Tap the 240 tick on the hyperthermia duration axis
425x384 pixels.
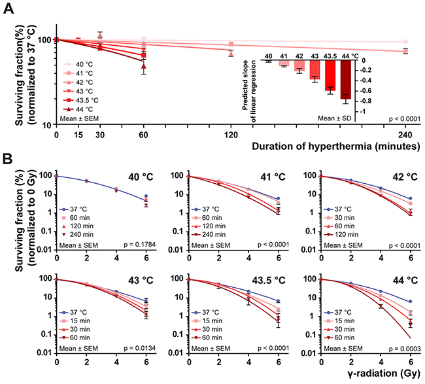tap(405, 134)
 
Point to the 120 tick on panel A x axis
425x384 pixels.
tap(231, 134)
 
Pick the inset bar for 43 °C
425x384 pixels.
tap(314, 70)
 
